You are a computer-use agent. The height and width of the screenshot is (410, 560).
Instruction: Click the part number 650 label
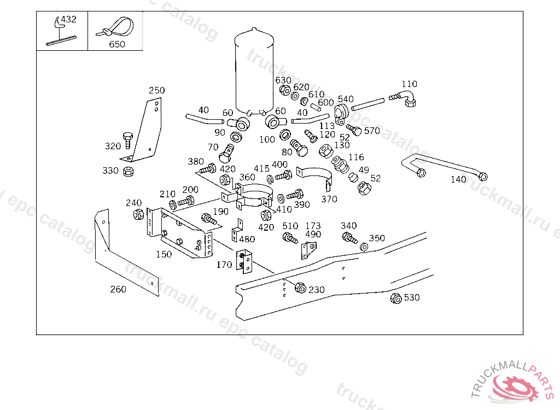(x=117, y=44)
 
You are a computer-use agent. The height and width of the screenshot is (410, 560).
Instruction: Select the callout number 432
(x=68, y=19)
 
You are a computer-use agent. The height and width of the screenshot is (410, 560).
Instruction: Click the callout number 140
(x=458, y=179)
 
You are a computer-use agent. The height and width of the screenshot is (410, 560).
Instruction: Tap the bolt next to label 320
(x=127, y=139)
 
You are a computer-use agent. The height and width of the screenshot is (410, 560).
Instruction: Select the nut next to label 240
(x=138, y=214)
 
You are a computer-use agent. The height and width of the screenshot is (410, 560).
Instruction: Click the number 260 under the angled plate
(x=118, y=289)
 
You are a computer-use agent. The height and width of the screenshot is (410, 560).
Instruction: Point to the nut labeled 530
(x=396, y=298)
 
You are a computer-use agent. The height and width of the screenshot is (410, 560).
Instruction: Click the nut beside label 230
(x=300, y=288)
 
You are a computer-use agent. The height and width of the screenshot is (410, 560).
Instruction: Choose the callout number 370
(x=329, y=199)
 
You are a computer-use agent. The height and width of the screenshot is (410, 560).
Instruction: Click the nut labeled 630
(x=285, y=90)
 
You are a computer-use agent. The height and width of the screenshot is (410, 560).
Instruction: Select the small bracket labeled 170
(x=245, y=262)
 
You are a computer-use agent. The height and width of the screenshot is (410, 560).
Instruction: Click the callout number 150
(x=164, y=254)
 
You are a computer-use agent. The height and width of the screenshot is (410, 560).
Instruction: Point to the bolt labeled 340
(x=349, y=238)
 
